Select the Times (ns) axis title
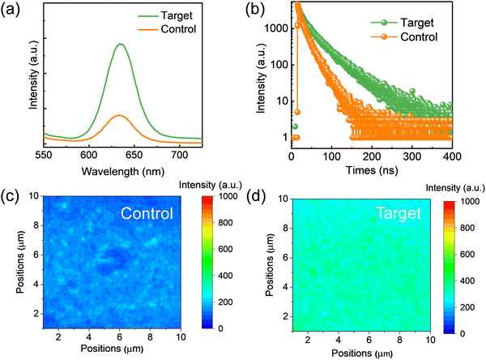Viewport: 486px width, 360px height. pyautogui.click(x=371, y=170)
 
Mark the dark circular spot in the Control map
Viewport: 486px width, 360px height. pyautogui.click(x=110, y=259)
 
